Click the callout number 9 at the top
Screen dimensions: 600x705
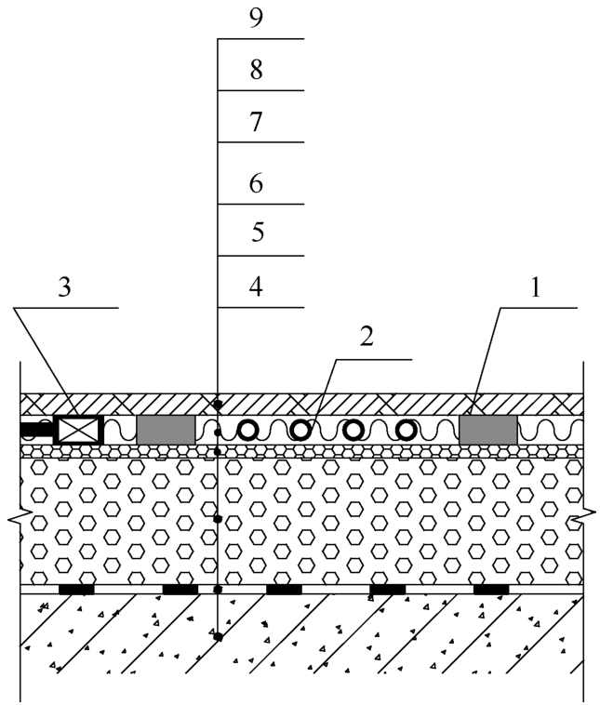click(256, 19)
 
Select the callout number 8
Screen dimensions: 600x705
click(257, 70)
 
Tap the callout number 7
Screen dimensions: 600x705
click(256, 122)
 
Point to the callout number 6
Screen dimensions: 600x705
click(257, 183)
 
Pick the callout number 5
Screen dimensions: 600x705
click(258, 233)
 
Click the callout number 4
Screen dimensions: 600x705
click(256, 286)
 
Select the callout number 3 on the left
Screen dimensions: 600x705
click(65, 287)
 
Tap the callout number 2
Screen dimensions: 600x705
click(367, 337)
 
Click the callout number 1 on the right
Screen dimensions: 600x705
click(535, 287)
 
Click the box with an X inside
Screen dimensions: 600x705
click(79, 430)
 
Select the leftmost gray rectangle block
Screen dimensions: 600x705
click(166, 430)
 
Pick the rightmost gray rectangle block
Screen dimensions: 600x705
click(488, 430)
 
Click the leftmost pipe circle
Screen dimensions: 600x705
click(247, 431)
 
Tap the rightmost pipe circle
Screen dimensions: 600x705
click(407, 431)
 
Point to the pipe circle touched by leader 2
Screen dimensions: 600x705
click(300, 431)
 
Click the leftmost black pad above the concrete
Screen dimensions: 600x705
click(77, 590)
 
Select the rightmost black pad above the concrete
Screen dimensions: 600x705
click(491, 590)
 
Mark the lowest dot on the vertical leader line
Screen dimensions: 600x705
click(219, 637)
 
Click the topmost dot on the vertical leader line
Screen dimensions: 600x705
click(218, 405)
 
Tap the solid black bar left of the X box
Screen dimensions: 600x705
click(37, 430)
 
